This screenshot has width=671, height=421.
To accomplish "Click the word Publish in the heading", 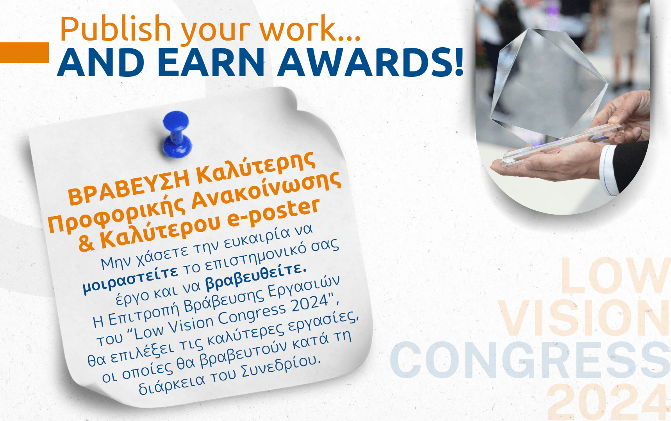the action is [x=116, y=29].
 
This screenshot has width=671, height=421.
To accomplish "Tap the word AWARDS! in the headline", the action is [x=370, y=62].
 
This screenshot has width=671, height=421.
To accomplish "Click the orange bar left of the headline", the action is [x=24, y=52].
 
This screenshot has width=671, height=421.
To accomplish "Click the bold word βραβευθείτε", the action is [x=256, y=277].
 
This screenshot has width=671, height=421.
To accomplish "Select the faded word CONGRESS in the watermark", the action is [x=530, y=360].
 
